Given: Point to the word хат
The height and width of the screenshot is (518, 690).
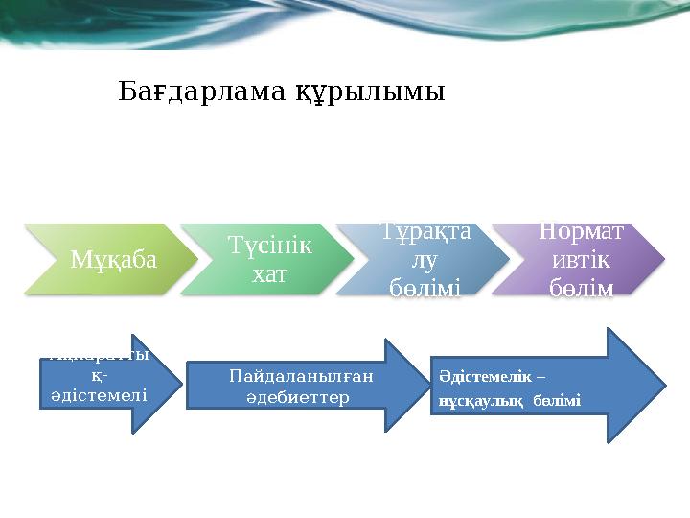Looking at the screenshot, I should (x=260, y=274).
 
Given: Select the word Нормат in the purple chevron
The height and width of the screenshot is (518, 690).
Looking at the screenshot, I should (x=581, y=231).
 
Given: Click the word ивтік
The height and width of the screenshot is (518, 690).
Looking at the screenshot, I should (x=582, y=259).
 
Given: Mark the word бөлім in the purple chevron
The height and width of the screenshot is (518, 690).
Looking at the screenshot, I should (x=581, y=287).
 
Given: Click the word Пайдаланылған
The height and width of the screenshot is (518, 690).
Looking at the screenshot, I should (x=301, y=377).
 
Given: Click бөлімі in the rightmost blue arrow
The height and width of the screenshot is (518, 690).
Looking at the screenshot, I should (x=557, y=400).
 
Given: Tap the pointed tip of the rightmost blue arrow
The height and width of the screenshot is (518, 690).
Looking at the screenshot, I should (x=663, y=387).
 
